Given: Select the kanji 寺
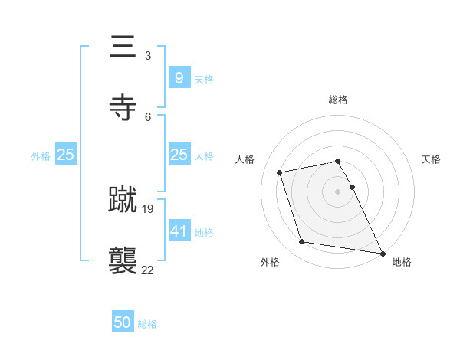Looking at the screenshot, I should pyautogui.click(x=123, y=108).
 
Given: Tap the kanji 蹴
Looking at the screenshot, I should pyautogui.click(x=123, y=200).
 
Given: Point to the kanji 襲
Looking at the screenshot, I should pyautogui.click(x=123, y=261).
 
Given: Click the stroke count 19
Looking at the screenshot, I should pyautogui.click(x=148, y=208).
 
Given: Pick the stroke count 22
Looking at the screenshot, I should pyautogui.click(x=148, y=270).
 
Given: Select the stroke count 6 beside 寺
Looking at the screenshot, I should pyautogui.click(x=148, y=116).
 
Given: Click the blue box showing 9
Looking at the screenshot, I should pyautogui.click(x=179, y=78).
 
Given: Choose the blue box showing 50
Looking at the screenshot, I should pyautogui.click(x=123, y=322).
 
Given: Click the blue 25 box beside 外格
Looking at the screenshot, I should pyautogui.click(x=65, y=155).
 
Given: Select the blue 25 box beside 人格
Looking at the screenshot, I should pyautogui.click(x=179, y=155).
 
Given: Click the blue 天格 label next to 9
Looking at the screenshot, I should pyautogui.click(x=204, y=79).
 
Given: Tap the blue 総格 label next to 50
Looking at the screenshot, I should pyautogui.click(x=147, y=324).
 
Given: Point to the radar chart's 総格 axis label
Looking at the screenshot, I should pyautogui.click(x=338, y=100).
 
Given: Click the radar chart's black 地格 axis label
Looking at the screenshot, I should pyautogui.click(x=402, y=262).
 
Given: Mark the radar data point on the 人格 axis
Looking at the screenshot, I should pyautogui.click(x=280, y=172).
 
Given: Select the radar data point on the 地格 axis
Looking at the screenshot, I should pyautogui.click(x=381, y=252).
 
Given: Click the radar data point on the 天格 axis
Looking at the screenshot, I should pyautogui.click(x=352, y=187).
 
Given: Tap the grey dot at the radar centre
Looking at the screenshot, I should pyautogui.click(x=338, y=191).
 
